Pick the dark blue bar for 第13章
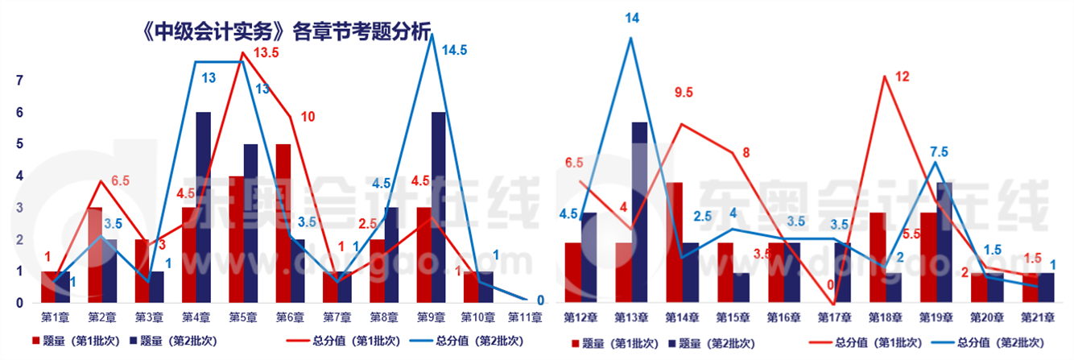pyautogui.click(x=639, y=213)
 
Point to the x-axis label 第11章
pyautogui.click(x=524, y=317)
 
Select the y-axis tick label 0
pyautogui.click(x=19, y=304)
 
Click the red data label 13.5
pyautogui.click(x=271, y=53)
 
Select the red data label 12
pyautogui.click(x=902, y=77)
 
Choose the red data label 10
pyautogui.click(x=308, y=117)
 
